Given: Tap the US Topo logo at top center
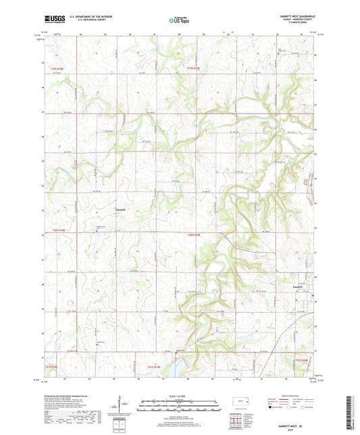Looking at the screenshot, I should tap(178, 20).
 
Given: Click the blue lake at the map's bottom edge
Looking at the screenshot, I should tap(174, 368).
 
